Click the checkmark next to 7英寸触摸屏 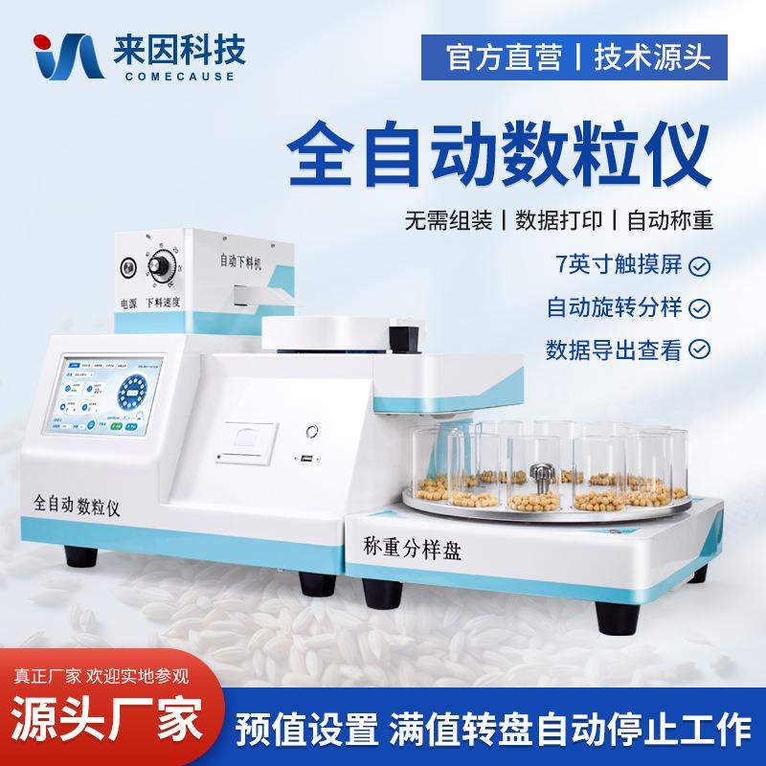701,265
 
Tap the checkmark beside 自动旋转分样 701,307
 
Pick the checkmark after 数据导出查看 701,349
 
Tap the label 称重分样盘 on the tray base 412,549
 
